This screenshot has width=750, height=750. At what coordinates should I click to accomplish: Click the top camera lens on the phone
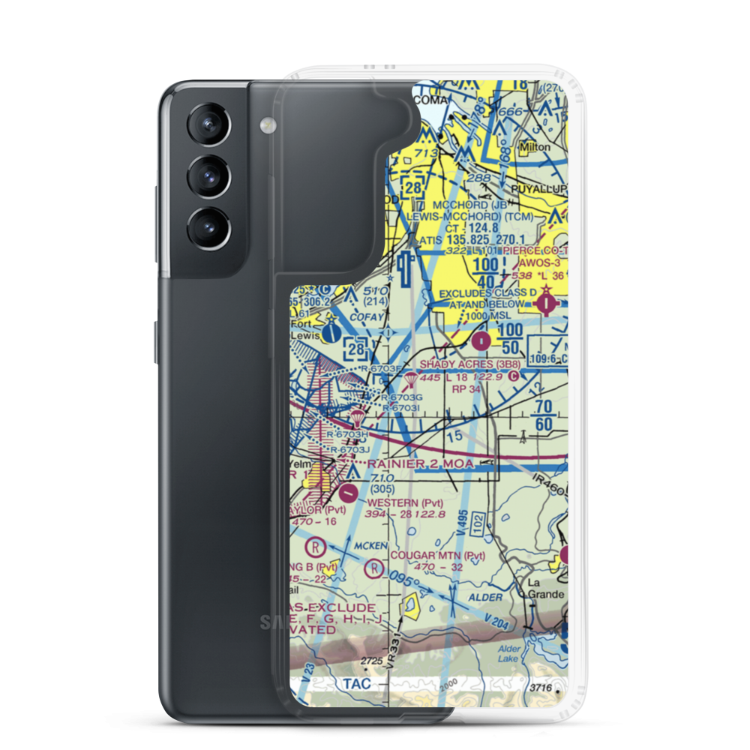(x=205, y=125)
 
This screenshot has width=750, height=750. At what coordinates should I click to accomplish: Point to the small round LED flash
(x=265, y=123)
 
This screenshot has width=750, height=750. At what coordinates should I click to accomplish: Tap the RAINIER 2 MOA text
(x=421, y=464)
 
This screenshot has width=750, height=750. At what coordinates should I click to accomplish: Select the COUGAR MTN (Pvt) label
(x=438, y=556)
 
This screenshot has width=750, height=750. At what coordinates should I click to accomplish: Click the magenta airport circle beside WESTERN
(x=349, y=493)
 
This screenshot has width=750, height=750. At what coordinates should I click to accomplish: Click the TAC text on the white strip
(x=352, y=683)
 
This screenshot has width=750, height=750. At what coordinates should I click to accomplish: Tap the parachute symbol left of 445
(x=412, y=378)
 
